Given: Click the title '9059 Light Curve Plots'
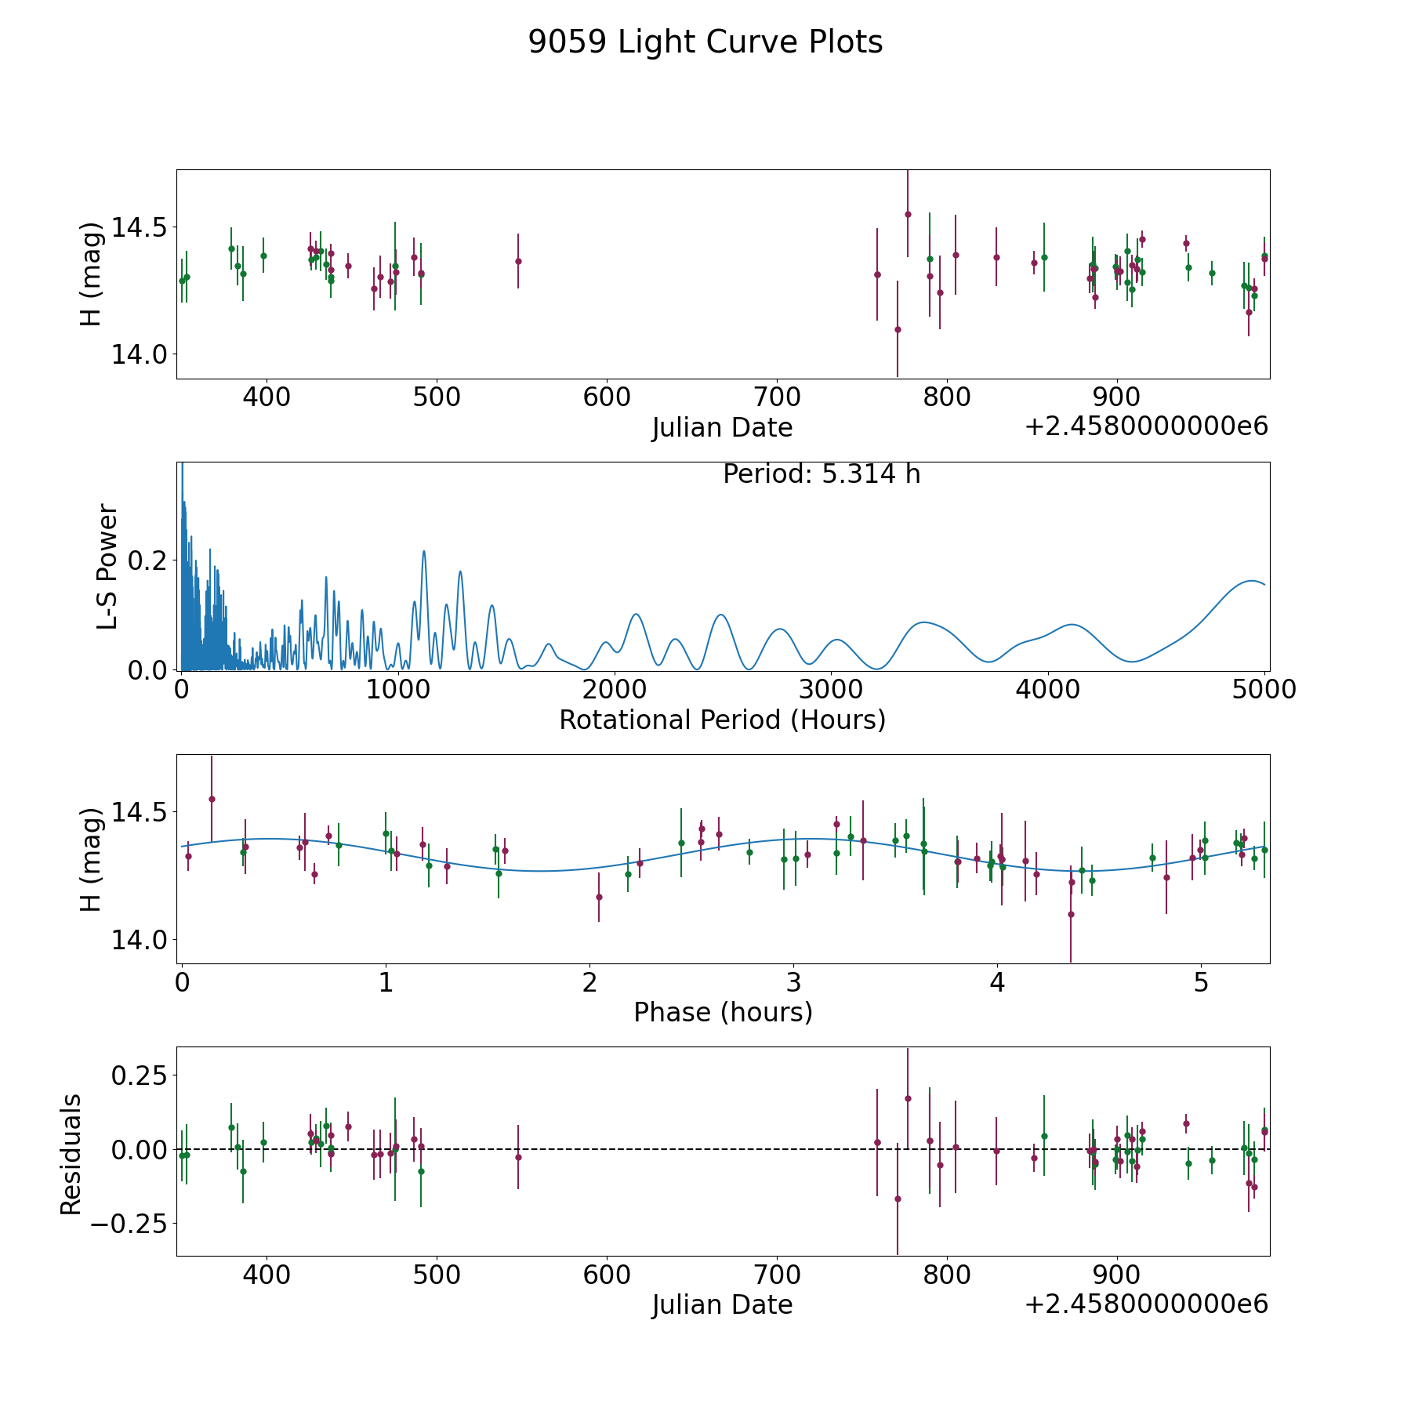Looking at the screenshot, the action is (705, 42).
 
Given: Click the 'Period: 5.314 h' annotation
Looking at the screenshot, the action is (822, 474).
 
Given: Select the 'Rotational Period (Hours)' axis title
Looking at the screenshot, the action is (722, 720).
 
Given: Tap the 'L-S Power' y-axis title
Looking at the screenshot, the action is (107, 567).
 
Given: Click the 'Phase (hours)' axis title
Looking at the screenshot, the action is (723, 1012).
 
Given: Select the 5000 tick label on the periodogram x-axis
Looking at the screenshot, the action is (1264, 689).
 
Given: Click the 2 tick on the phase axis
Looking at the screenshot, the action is (589, 982).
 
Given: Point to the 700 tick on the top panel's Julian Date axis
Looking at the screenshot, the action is (777, 397).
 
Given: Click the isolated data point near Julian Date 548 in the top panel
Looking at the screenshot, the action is (518, 261).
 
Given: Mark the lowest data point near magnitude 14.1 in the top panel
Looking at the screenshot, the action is (898, 329).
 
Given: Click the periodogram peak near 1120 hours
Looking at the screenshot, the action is (424, 551).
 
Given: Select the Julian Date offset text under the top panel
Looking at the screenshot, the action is (1146, 426).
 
